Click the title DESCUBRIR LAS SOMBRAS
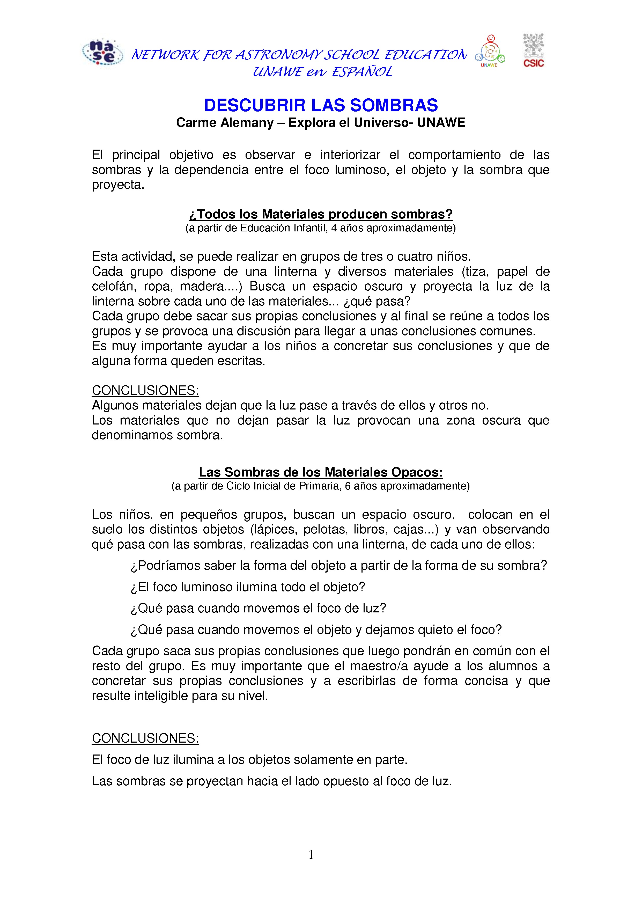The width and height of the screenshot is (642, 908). click(321, 105)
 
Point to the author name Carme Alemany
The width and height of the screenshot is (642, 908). click(225, 123)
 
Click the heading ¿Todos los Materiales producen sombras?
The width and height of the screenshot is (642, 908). click(321, 214)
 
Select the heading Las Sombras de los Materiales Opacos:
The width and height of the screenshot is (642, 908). click(321, 472)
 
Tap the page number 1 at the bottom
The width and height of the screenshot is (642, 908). click(311, 855)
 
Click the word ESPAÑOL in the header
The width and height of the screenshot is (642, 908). click(362, 72)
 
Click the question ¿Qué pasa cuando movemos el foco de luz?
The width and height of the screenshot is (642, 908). click(258, 608)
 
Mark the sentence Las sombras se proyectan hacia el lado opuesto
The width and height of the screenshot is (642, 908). click(272, 781)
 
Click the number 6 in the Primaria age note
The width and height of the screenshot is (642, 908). click(348, 486)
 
